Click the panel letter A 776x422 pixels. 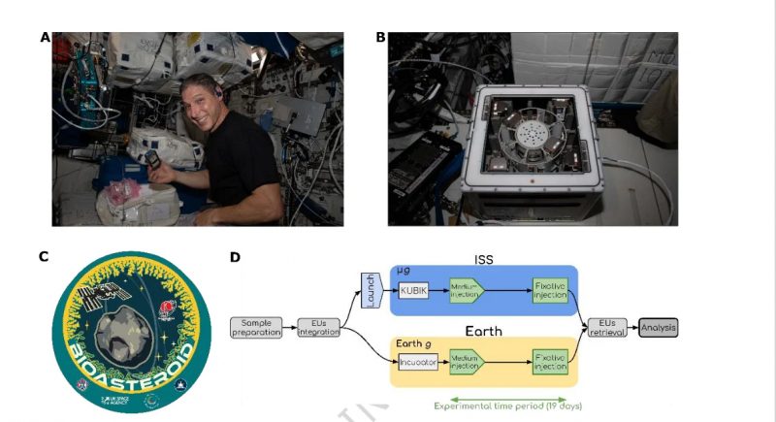click(45, 38)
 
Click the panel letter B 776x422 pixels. click(380, 38)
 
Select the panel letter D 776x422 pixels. click(234, 257)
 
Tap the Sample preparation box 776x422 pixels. click(256, 328)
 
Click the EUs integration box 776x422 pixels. click(319, 328)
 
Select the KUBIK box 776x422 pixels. click(413, 290)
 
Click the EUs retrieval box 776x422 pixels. click(608, 328)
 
